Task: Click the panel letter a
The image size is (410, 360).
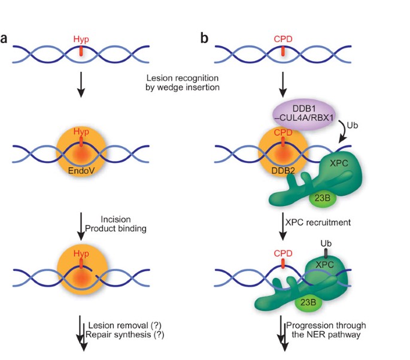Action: pyautogui.click(x=4, y=38)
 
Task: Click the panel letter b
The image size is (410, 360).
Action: pyautogui.click(x=205, y=38)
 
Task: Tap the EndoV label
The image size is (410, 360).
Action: pyautogui.click(x=81, y=171)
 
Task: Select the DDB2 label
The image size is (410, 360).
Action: pyautogui.click(x=283, y=171)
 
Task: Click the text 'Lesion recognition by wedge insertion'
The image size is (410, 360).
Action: pyautogui.click(x=183, y=83)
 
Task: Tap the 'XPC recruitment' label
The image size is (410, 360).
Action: pyautogui.click(x=318, y=222)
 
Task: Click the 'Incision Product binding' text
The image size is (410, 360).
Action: pyautogui.click(x=116, y=224)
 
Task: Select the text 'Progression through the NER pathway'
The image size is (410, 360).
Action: pyautogui.click(x=326, y=330)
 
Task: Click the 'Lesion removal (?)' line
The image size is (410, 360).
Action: pyautogui.click(x=124, y=325)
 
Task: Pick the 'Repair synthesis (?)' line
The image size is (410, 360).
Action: pyautogui.click(x=124, y=335)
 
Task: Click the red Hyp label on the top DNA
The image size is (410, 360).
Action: pyautogui.click(x=81, y=39)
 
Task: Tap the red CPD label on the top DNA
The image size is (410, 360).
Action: pyautogui.click(x=283, y=39)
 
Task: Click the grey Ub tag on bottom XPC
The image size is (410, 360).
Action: pyautogui.click(x=326, y=253)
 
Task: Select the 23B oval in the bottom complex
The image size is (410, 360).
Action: pyautogui.click(x=308, y=302)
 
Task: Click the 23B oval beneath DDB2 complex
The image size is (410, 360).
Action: pyautogui.click(x=323, y=198)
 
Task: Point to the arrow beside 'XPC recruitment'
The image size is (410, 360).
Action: pyautogui.click(x=283, y=226)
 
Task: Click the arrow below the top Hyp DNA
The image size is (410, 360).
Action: pyautogui.click(x=81, y=84)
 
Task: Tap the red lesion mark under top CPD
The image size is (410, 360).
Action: pyautogui.click(x=283, y=51)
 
